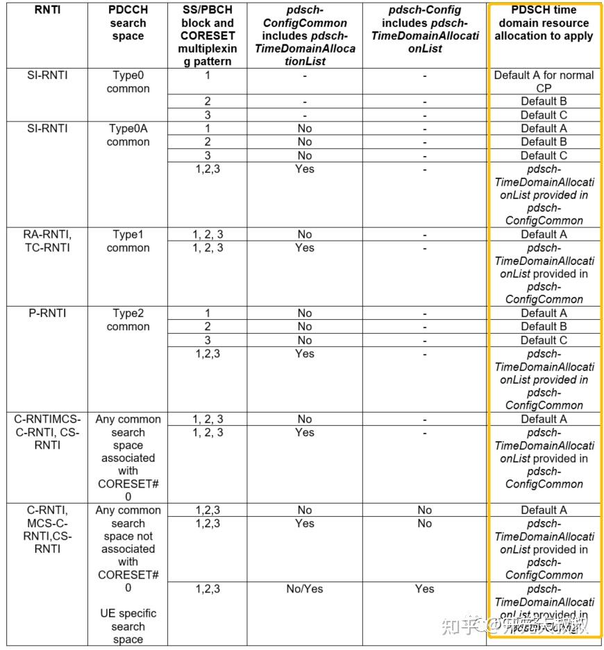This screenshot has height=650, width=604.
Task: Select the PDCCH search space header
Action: pyautogui.click(x=128, y=23)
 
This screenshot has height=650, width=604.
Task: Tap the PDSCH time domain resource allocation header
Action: pyautogui.click(x=544, y=23)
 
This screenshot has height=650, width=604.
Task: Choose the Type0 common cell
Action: pyautogui.click(x=128, y=82)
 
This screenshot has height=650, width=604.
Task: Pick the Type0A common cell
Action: pyautogui.click(x=128, y=135)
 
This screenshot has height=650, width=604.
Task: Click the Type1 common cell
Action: pyautogui.click(x=128, y=241)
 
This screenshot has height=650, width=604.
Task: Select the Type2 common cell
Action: pyautogui.click(x=128, y=320)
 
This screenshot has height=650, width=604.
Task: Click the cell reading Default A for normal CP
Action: pyautogui.click(x=544, y=82)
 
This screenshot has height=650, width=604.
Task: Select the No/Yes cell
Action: pyautogui.click(x=304, y=589)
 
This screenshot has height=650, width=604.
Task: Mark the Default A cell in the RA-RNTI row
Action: pyautogui.click(x=544, y=234)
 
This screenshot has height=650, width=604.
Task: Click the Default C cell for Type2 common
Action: pyautogui.click(x=544, y=340)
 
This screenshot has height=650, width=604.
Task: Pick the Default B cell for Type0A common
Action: pyautogui.click(x=544, y=142)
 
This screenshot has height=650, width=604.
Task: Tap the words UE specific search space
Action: pyautogui.click(x=128, y=626)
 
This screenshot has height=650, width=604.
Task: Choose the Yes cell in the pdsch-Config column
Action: pyautogui.click(x=424, y=589)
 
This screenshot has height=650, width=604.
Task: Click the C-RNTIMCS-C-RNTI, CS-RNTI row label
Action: pyautogui.click(x=47, y=432)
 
